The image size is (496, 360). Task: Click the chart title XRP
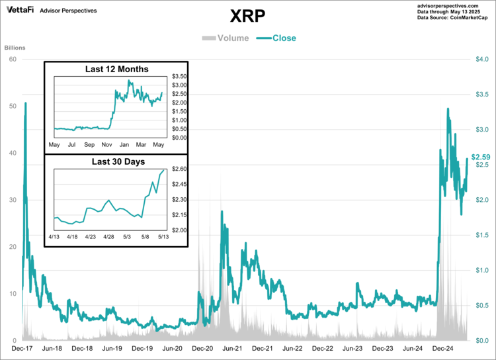pos(249,16)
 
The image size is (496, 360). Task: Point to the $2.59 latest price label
pos(480,157)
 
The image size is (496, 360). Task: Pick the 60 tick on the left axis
pos(12,59)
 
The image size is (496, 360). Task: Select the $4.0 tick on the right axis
pos(482,60)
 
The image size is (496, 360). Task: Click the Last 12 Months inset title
pos(117,69)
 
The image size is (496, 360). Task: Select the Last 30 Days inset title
pos(117,161)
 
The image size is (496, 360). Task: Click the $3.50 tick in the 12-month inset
pos(179,77)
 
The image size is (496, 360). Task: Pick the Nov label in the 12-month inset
pos(106,145)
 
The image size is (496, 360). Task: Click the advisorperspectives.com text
pos(454,5)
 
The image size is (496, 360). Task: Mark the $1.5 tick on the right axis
pos(482,235)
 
